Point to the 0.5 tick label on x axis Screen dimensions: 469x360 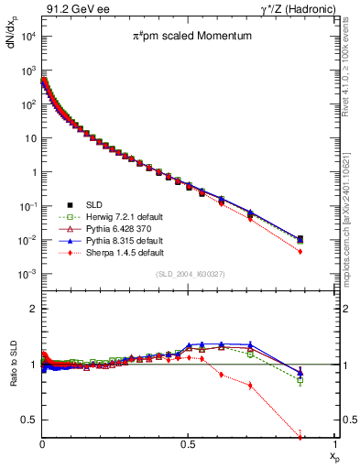[189, 443]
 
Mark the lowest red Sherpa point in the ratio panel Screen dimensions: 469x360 [327, 437]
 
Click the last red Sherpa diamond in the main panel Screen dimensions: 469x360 [327, 252]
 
